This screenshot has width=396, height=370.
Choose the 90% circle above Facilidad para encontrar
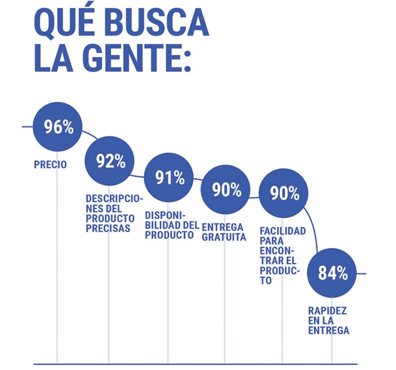pyautogui.click(x=284, y=193)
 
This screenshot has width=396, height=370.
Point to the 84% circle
pyautogui.click(x=332, y=273)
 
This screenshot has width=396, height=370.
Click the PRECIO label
pyautogui.click(x=51, y=165)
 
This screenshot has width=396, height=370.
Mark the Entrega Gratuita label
pyautogui.click(x=224, y=232)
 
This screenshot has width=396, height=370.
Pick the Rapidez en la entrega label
pyautogui.click(x=328, y=321)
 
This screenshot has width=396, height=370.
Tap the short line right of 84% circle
pyautogui.click(x=361, y=273)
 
